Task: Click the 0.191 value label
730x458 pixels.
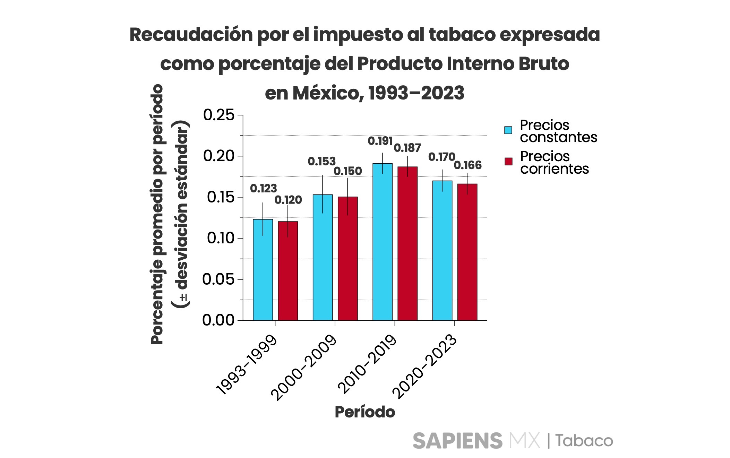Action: point(380,141)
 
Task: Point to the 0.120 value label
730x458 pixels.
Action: point(288,200)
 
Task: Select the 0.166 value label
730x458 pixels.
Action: point(467,165)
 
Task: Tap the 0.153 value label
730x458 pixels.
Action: point(321,161)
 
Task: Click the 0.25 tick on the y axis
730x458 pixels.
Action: point(219,115)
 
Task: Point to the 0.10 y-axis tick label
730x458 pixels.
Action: point(221,238)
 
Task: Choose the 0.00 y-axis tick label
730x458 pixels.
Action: point(218,320)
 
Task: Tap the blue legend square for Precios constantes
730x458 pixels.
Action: point(508,130)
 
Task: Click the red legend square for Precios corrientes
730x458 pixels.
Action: point(508,162)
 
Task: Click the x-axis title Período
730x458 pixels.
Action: point(365,412)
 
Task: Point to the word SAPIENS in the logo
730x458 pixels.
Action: point(457,441)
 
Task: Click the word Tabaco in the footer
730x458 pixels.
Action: point(584,441)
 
